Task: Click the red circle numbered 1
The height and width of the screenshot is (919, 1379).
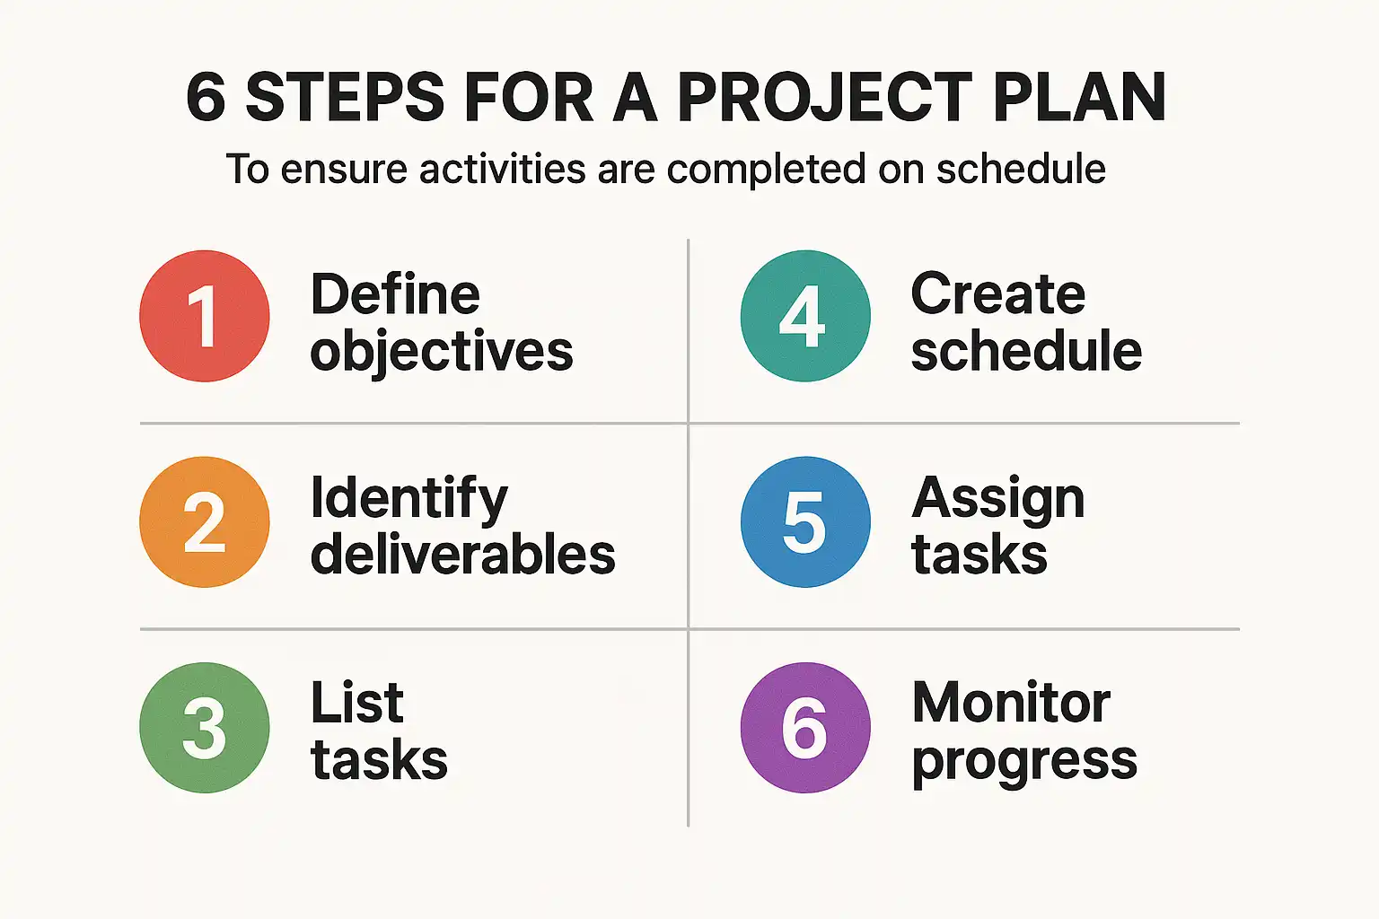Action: coord(205,316)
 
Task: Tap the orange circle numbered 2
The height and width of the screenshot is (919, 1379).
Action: coord(205,521)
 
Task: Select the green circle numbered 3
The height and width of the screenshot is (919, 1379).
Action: coord(205,727)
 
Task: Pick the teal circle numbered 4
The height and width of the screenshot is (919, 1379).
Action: coord(805,316)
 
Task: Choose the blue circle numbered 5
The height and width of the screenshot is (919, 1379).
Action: coord(805,521)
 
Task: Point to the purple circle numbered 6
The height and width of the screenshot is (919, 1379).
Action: coord(805,727)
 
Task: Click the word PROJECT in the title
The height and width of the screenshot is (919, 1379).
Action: coord(824,97)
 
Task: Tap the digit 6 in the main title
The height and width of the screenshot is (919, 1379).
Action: coord(206,97)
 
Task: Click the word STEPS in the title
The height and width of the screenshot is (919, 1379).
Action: coord(345,97)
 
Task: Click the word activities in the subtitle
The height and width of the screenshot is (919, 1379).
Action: coord(503,169)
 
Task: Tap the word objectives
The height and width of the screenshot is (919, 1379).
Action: coord(442,352)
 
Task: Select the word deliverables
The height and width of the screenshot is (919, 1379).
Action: coord(463,554)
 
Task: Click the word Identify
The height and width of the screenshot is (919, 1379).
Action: coord(409,500)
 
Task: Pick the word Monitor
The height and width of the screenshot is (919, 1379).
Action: coord(1012,703)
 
